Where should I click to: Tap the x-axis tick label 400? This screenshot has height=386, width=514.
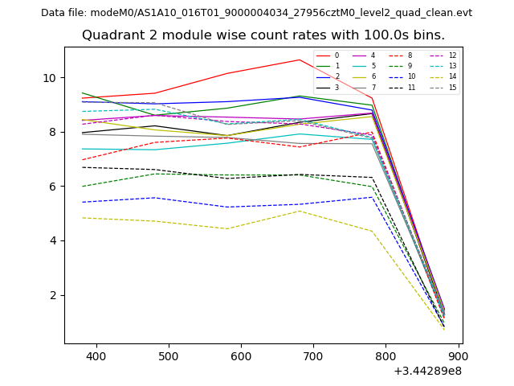pyautogui.click(x=96, y=356)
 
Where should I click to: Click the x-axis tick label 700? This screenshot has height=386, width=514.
pyautogui.click(x=313, y=356)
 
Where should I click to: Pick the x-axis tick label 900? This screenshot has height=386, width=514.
pyautogui.click(x=459, y=356)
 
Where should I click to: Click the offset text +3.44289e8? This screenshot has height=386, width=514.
pyautogui.click(x=427, y=371)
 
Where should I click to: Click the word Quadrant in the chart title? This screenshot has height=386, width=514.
pyautogui.click(x=111, y=35)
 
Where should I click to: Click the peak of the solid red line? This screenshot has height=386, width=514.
pyautogui.click(x=300, y=60)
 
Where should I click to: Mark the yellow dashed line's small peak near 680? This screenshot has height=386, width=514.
pyautogui.click(x=299, y=211)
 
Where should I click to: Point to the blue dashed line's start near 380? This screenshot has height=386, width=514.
pyautogui.click(x=82, y=202)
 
